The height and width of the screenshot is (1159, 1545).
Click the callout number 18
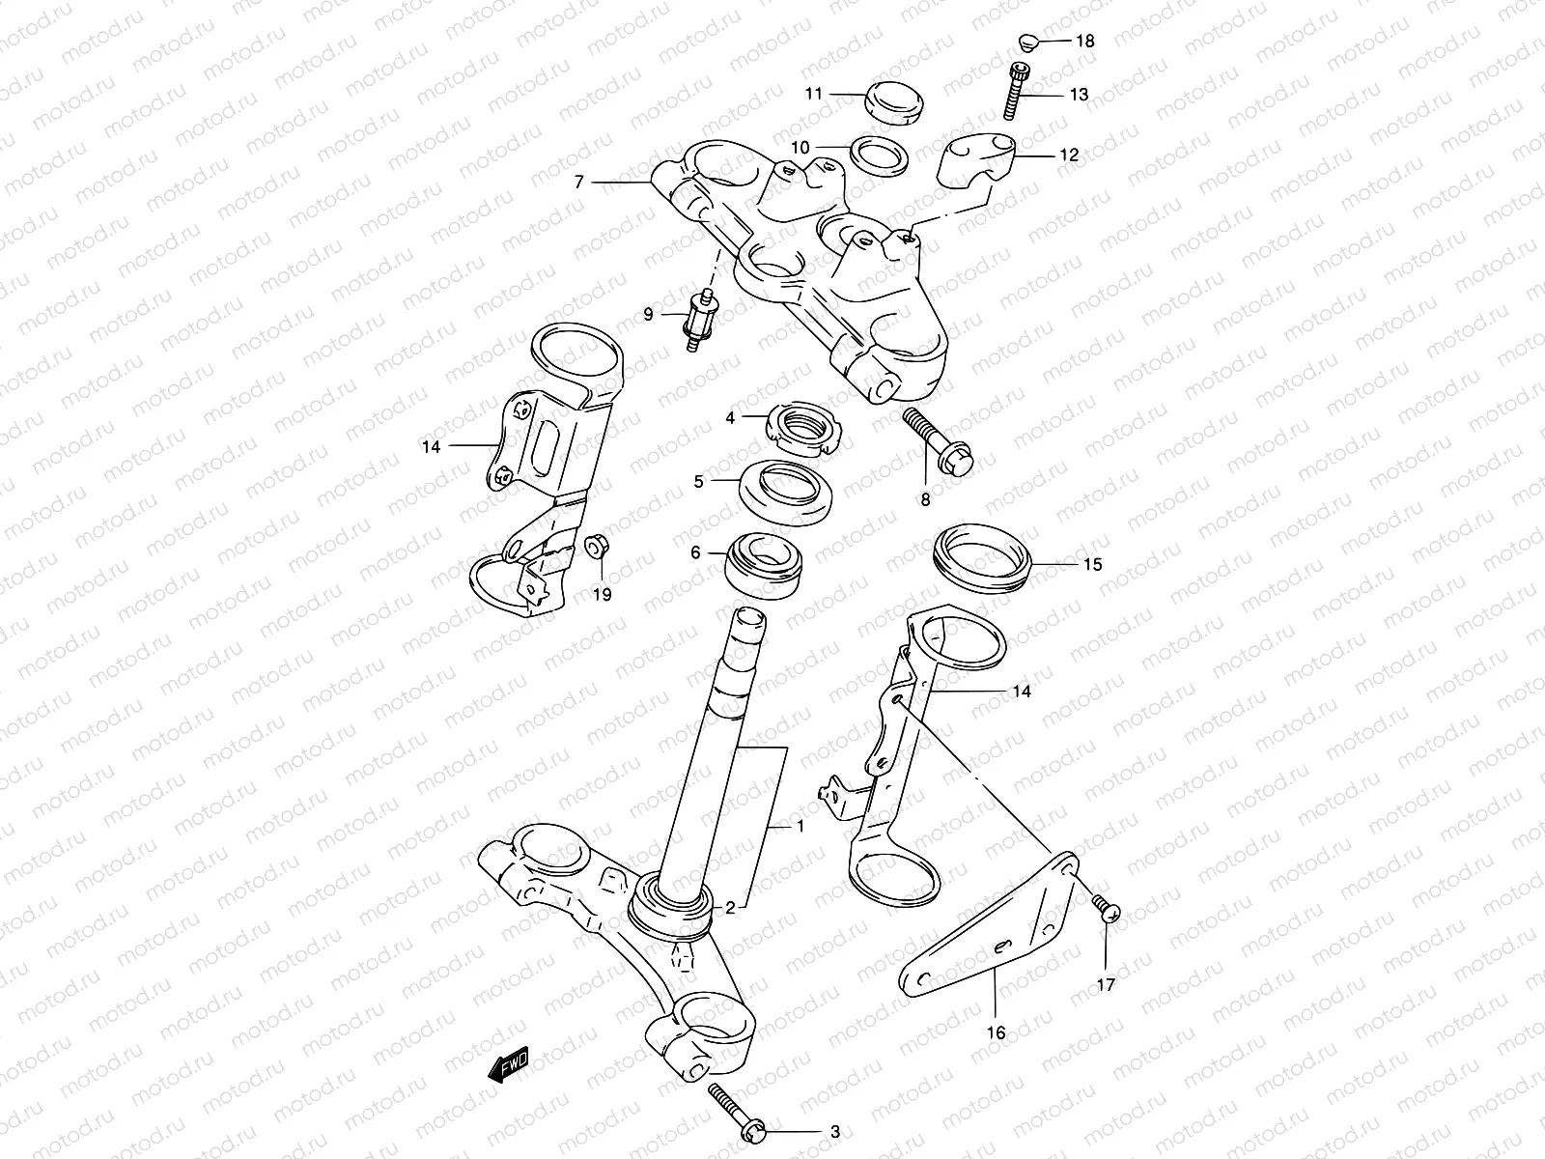click(1085, 42)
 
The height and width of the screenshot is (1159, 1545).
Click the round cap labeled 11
click(894, 100)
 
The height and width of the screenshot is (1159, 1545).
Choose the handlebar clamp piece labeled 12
click(977, 161)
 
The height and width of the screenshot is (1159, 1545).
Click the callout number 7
click(578, 182)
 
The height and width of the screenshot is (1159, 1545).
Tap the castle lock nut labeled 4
click(805, 428)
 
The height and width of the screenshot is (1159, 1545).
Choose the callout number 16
click(996, 1032)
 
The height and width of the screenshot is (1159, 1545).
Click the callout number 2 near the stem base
click(731, 907)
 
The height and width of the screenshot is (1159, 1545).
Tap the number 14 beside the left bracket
click(431, 446)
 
